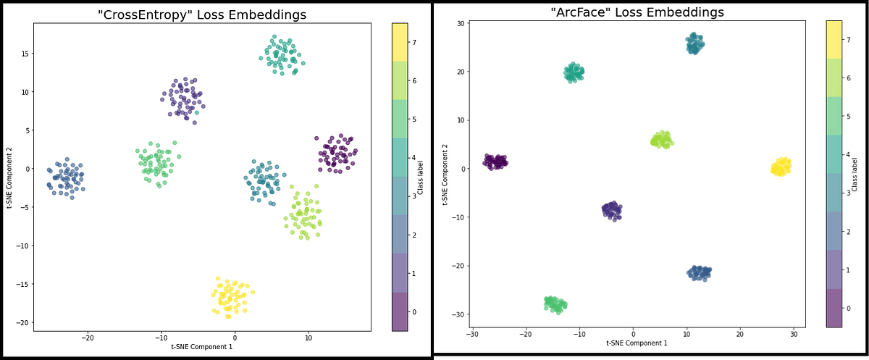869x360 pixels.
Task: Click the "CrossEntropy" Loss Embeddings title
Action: [x=202, y=14]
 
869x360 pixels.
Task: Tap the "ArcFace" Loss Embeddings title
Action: [x=637, y=12]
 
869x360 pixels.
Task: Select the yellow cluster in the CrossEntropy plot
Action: [x=232, y=296]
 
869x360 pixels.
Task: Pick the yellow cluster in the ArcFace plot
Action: [x=781, y=167]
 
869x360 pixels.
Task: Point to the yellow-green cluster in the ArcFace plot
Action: [x=660, y=140]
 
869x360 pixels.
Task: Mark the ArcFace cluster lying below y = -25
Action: [x=555, y=304]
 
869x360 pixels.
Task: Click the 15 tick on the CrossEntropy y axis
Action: [x=24, y=54]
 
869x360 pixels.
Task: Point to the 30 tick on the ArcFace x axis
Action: [x=794, y=334]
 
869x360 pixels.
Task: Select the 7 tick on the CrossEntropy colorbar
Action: [x=414, y=42]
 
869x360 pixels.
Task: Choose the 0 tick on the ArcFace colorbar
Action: [x=849, y=309]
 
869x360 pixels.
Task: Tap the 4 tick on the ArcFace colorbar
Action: [x=849, y=155]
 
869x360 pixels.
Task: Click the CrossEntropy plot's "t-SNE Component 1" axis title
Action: [x=202, y=347]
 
